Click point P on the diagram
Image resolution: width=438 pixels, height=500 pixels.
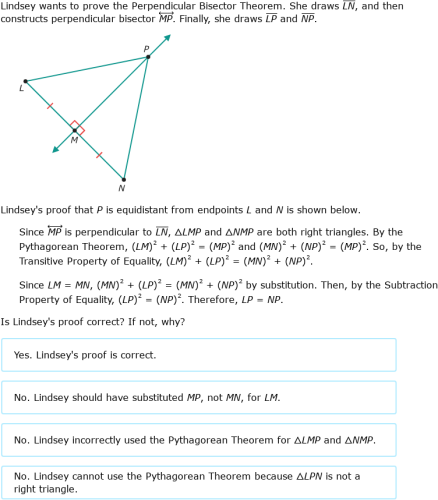(148, 57)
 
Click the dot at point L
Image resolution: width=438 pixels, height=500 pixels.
(25, 81)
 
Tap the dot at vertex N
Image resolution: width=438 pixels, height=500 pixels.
(122, 178)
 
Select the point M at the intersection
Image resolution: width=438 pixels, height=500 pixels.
(73, 129)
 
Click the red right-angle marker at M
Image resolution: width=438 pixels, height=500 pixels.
(79, 128)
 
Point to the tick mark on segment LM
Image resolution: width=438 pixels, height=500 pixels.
(49, 105)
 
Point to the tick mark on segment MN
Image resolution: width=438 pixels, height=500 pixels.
(98, 154)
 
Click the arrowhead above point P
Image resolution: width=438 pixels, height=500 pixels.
(167, 38)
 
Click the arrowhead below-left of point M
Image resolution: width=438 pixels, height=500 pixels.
(56, 148)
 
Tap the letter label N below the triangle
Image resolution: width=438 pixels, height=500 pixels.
(122, 188)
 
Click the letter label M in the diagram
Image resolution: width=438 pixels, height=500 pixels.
(73, 140)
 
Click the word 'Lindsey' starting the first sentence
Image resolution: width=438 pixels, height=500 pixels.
(19, 6)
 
